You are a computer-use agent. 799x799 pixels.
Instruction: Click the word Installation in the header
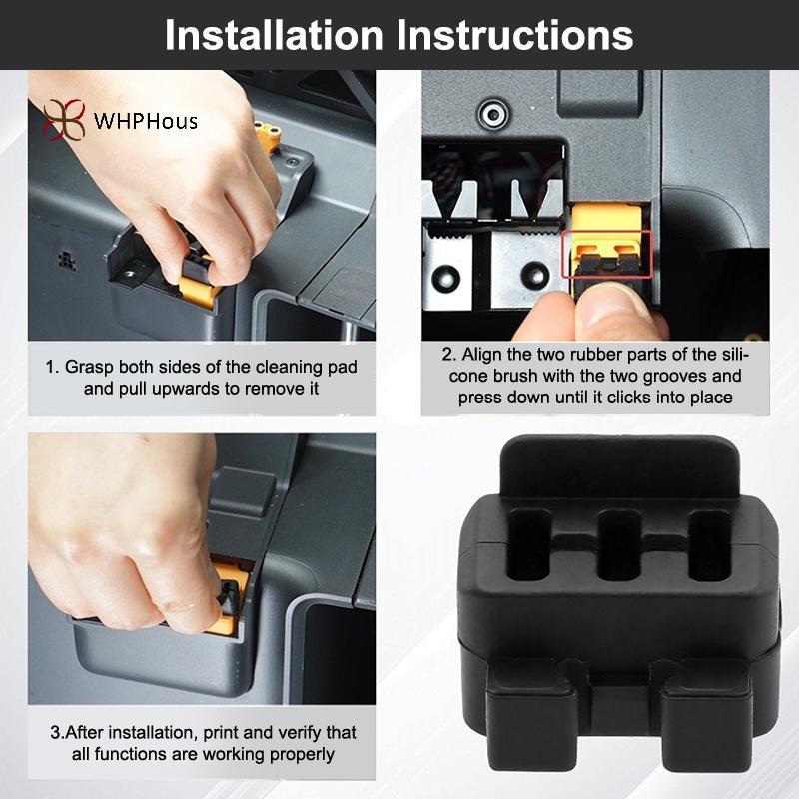(x=274, y=35)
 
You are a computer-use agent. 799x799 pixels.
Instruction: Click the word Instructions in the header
(x=514, y=35)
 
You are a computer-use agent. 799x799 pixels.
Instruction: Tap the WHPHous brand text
(x=145, y=121)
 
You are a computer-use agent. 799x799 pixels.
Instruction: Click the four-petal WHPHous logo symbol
(x=64, y=120)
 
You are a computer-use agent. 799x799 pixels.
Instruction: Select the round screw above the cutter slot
(x=493, y=113)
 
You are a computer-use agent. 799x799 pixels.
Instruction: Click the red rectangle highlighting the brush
(x=607, y=255)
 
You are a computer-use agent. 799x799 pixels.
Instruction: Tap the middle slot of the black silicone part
(x=619, y=545)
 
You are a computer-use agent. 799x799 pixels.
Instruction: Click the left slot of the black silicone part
(x=530, y=546)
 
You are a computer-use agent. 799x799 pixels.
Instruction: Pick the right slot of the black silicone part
(x=709, y=545)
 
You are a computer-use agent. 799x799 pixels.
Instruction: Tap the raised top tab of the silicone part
(x=619, y=468)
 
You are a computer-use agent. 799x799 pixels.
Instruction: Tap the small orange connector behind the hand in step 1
(x=268, y=136)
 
